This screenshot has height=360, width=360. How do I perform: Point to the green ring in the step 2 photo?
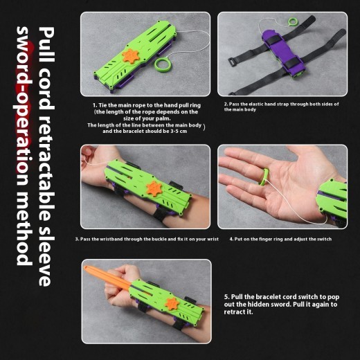(x=265, y=26)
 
